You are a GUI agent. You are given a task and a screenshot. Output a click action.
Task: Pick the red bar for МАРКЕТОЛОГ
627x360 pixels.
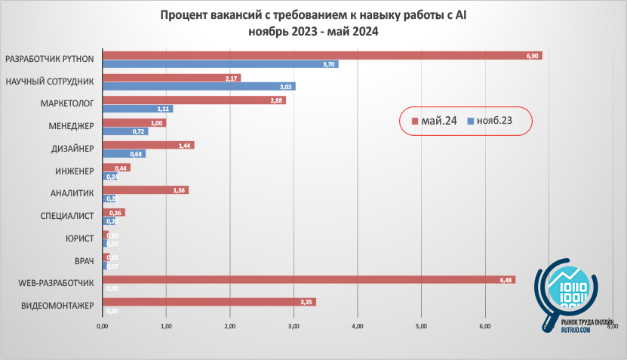(193, 100)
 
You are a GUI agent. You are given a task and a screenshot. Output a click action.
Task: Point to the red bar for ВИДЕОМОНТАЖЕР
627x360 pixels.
(208, 302)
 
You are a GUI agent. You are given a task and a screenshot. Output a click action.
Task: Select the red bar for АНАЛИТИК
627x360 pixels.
(145, 190)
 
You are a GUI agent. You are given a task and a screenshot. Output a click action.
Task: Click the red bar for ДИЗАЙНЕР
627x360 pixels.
(148, 145)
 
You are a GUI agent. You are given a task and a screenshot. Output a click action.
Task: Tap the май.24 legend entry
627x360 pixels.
(434, 121)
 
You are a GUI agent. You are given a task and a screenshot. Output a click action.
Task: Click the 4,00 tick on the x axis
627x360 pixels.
(358, 326)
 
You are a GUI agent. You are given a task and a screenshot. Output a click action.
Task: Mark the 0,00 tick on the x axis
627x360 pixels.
(103, 326)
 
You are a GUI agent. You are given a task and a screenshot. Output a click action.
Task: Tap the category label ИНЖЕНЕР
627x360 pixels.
(72, 171)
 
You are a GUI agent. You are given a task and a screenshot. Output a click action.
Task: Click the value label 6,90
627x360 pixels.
(532, 56)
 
